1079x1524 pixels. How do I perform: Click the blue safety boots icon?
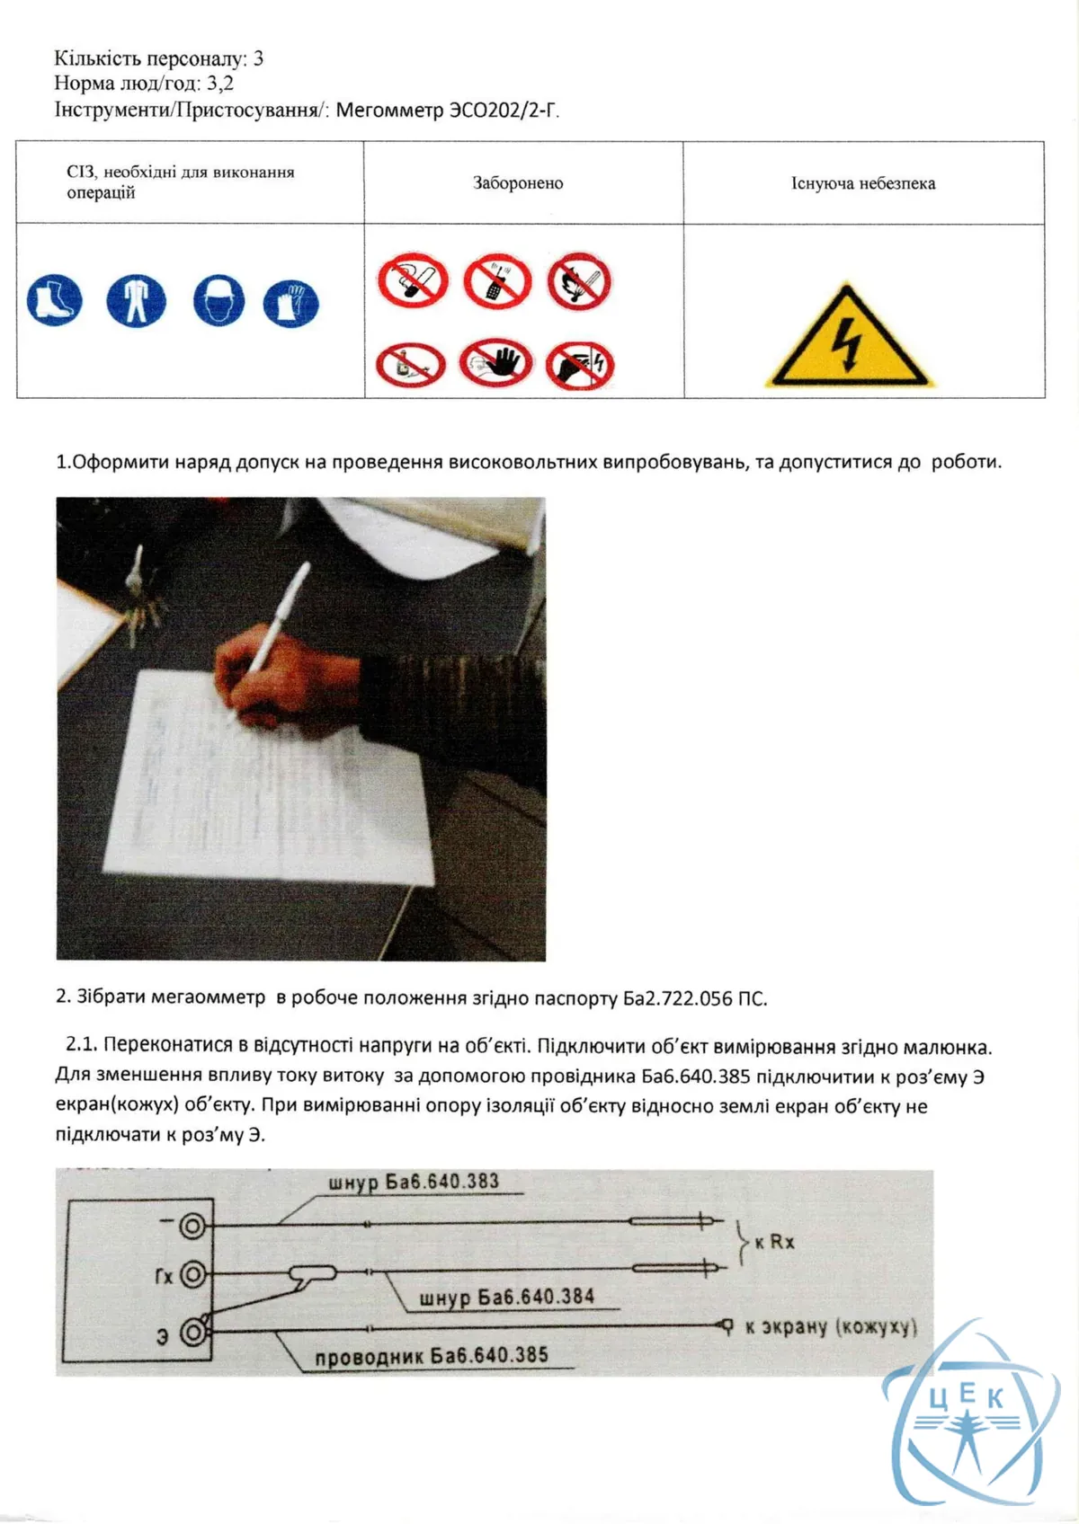pos(55,300)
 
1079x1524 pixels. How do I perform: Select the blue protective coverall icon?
pos(136,300)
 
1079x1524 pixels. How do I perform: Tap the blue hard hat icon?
pos(218,300)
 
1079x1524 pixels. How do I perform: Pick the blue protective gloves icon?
pos(290,304)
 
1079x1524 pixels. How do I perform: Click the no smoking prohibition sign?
pos(413,281)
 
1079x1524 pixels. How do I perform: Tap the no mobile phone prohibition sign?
pos(497,281)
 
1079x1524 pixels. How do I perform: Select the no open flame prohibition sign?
pos(579,281)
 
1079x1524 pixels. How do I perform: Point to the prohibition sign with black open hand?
pos(495,363)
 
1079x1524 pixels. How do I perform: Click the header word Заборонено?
pos(518,183)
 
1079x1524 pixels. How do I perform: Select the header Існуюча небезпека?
pos(863,183)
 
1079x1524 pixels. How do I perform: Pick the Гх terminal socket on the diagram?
pos(192,1273)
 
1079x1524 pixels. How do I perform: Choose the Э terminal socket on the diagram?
pos(192,1332)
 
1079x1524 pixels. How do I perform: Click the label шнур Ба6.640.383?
pos(414,1181)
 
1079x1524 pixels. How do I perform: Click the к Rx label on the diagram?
pos(775,1243)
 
